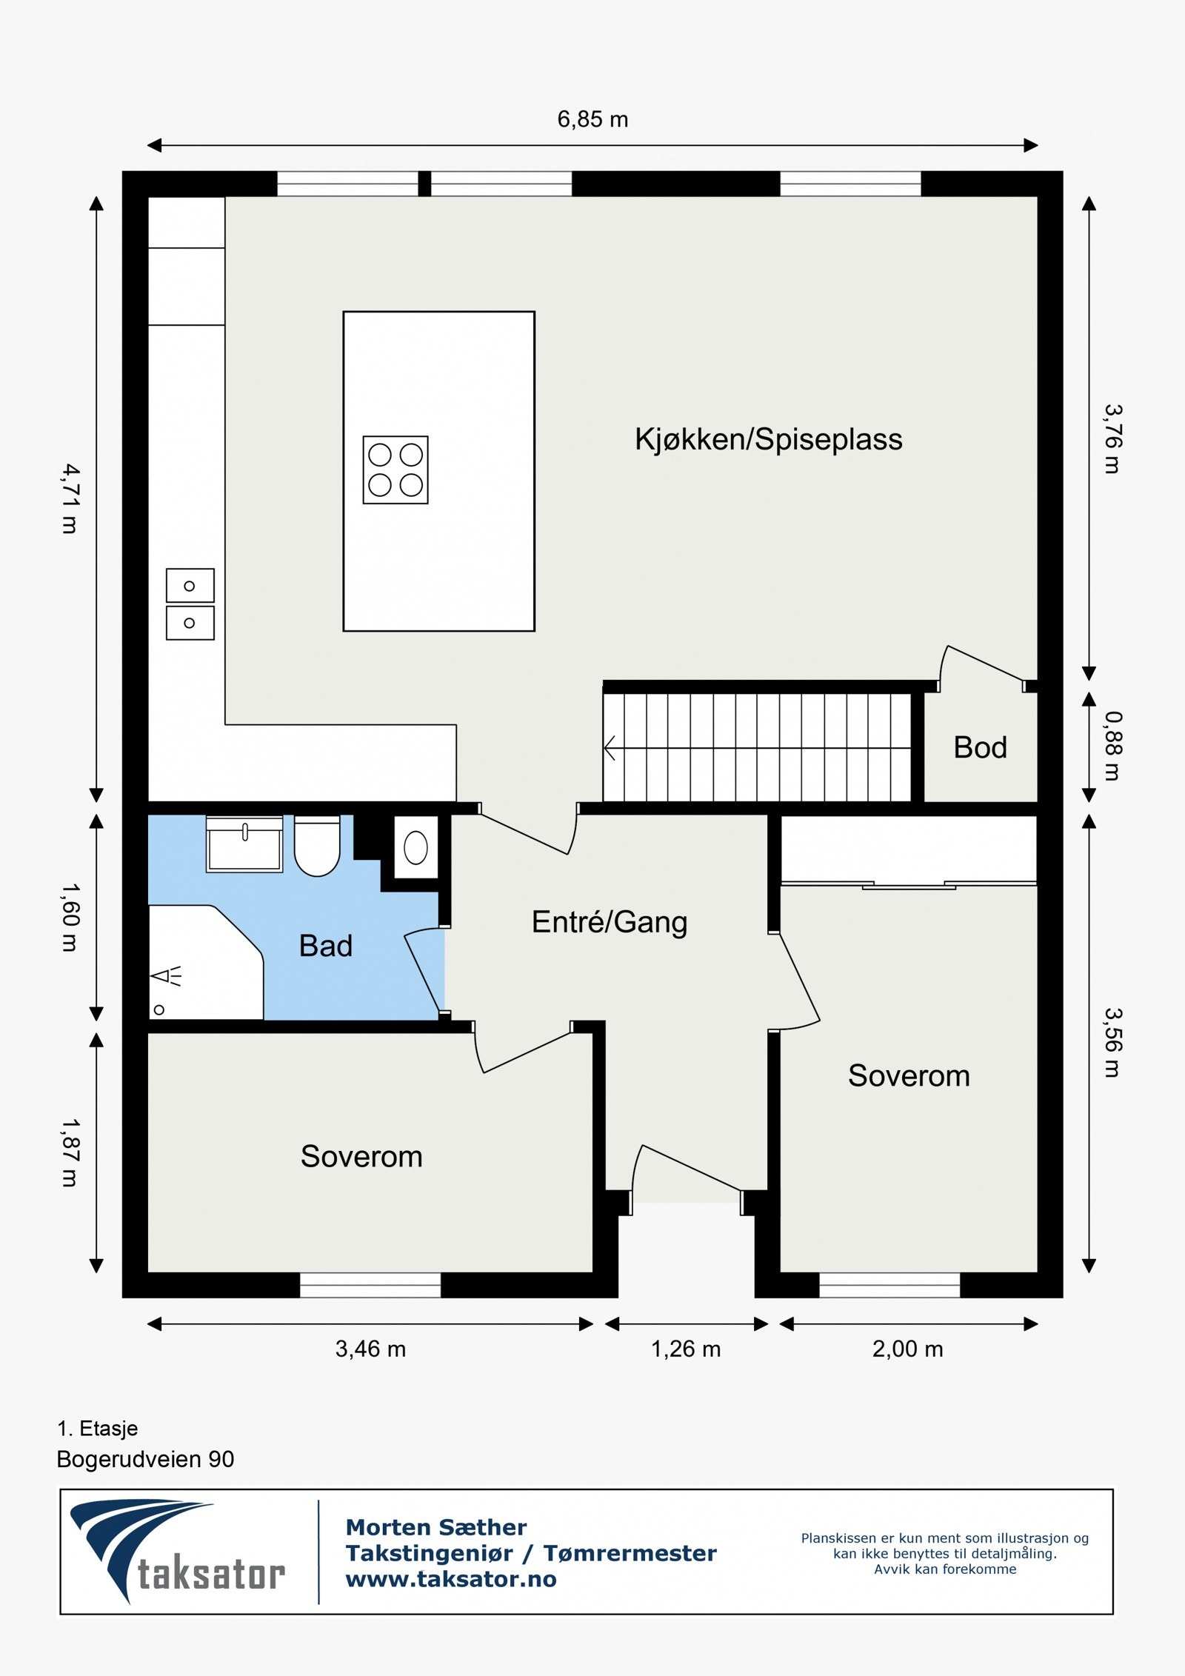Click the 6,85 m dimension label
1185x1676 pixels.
(592, 119)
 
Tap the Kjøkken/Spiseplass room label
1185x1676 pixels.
(768, 439)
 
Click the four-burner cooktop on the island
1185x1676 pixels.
(395, 470)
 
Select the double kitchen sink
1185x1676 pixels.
(190, 604)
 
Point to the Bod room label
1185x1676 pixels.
(980, 748)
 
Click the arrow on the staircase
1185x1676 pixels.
(611, 748)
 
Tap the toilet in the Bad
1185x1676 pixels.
(317, 847)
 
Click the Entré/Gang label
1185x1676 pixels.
(610, 923)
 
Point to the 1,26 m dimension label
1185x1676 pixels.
(686, 1349)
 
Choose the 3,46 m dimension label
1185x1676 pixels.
(370, 1349)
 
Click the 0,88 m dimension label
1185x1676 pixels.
(1112, 746)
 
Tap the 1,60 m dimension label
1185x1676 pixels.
(70, 917)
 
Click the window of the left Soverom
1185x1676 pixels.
(370, 1286)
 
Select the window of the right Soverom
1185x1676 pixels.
(889, 1286)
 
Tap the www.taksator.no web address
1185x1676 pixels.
(451, 1580)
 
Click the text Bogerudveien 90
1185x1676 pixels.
(145, 1460)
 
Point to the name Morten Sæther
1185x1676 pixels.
(436, 1527)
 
